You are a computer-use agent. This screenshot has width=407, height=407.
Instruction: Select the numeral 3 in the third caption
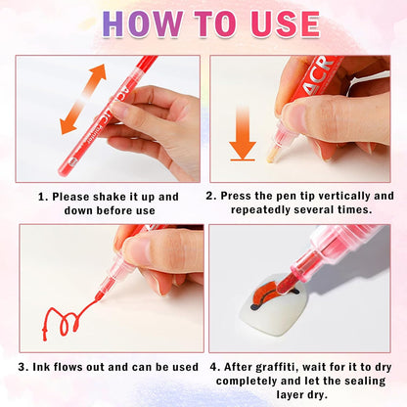pyautogui.click(x=22, y=368)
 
